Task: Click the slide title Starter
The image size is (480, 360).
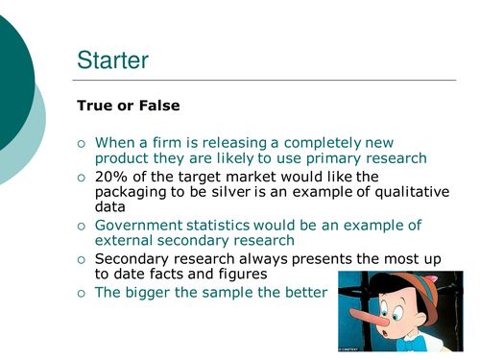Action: [112, 60]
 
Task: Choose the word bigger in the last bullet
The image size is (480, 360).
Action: [149, 292]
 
